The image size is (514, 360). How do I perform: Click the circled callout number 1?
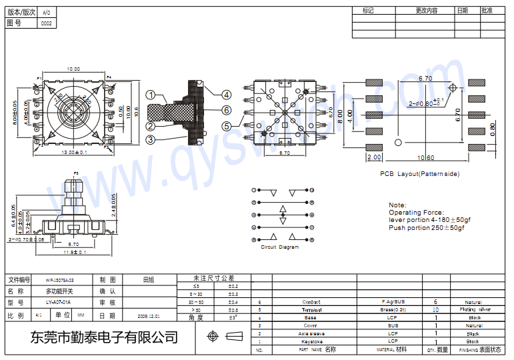tap(151, 95)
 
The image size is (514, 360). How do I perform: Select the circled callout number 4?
tap(227, 95)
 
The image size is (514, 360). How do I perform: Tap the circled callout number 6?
tap(227, 110)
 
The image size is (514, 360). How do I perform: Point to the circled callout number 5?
tap(227, 125)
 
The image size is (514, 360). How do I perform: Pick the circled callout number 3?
tap(151, 139)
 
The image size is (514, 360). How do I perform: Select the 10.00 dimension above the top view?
tap(73, 69)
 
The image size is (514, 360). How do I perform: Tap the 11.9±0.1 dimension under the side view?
tap(75, 253)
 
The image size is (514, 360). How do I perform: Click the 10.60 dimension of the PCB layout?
tap(425, 158)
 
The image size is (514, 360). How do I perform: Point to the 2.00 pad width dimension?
tap(373, 158)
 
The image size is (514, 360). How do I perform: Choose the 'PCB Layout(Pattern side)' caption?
tap(419, 174)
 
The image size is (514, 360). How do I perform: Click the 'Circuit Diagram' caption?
tap(279, 247)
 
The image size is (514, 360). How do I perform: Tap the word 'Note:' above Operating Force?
tap(397, 205)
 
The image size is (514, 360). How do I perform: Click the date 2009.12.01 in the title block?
tap(149, 315)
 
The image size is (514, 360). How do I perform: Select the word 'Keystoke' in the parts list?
tap(311, 341)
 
